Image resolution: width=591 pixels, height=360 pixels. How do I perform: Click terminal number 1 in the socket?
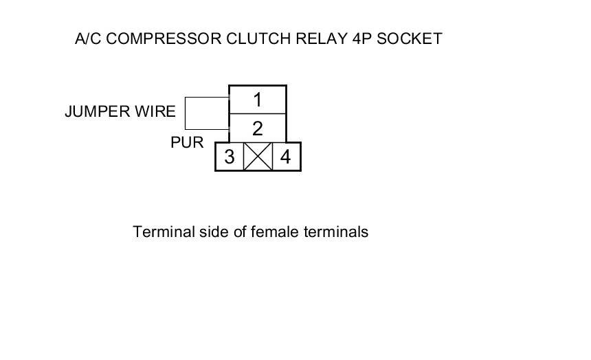pos(257,100)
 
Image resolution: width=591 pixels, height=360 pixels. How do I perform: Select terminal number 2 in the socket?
pos(257,128)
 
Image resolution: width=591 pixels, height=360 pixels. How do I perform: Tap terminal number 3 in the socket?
pos(230,157)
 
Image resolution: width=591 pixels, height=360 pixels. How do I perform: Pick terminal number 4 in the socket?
pos(285,157)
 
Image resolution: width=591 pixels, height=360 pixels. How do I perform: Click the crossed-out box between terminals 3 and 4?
pos(258,157)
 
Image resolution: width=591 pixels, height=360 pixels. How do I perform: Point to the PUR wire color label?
pos(187,143)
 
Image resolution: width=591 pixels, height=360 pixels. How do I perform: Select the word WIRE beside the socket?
pos(157,111)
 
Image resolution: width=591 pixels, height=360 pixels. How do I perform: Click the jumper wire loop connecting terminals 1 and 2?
pos(186,113)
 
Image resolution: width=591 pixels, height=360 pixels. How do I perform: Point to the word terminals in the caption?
pos(336,232)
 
